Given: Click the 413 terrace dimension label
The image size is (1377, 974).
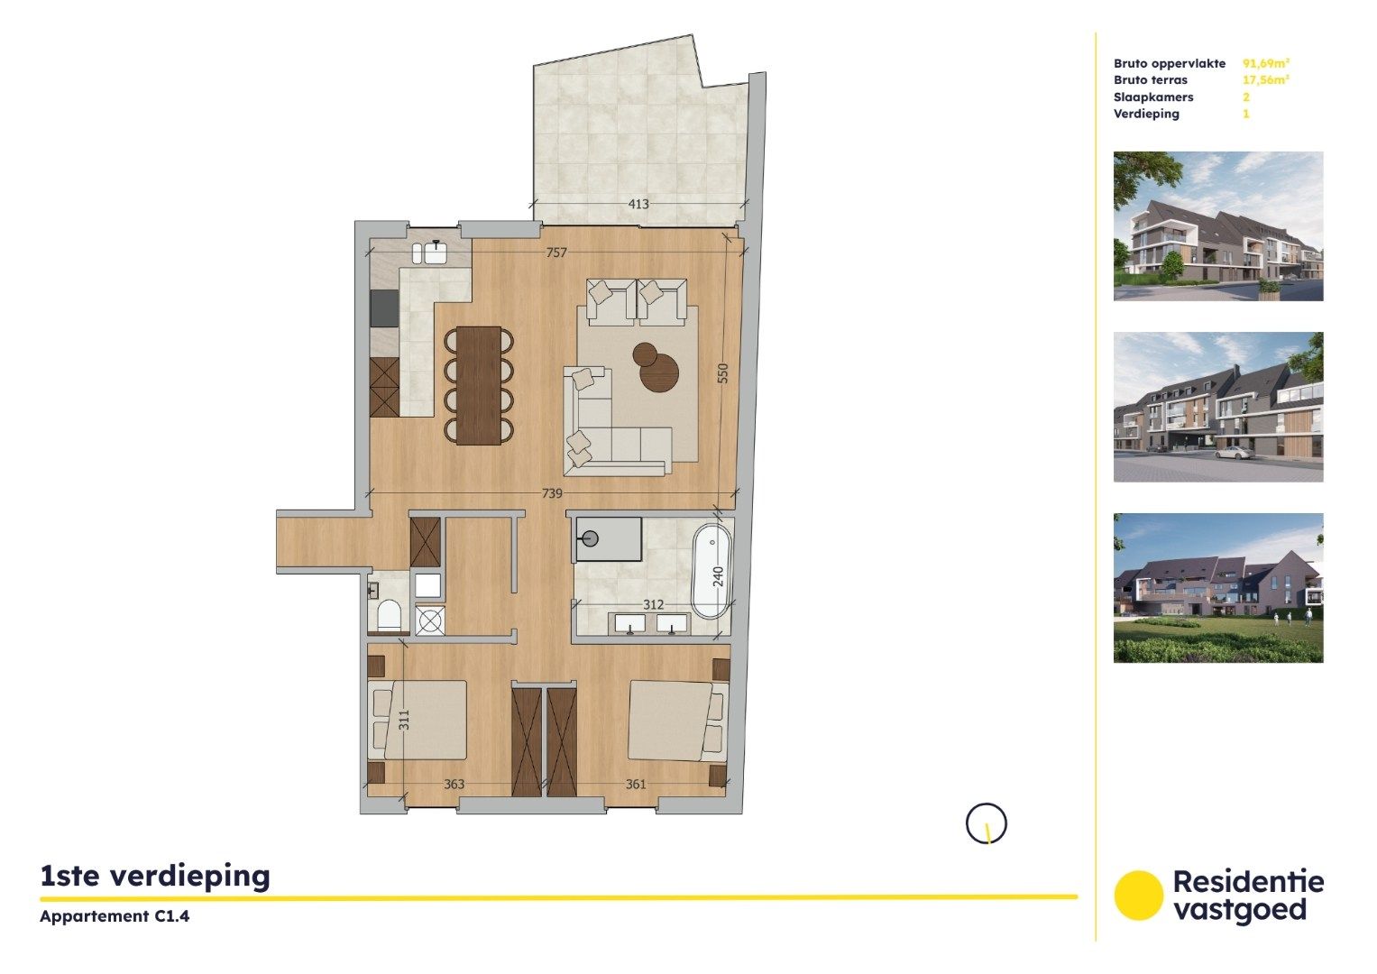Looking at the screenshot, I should pyautogui.click(x=638, y=205).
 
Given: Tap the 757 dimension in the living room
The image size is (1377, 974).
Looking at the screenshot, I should pyautogui.click(x=556, y=253).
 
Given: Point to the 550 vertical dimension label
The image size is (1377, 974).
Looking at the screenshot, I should pyautogui.click(x=722, y=373).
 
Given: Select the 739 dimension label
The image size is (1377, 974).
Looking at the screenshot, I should pyautogui.click(x=552, y=493).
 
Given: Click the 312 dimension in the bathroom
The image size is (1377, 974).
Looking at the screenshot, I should pyautogui.click(x=653, y=605).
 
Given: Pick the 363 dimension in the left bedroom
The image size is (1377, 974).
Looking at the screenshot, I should pyautogui.click(x=454, y=785).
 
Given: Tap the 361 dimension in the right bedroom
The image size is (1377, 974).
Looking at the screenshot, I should pyautogui.click(x=636, y=785).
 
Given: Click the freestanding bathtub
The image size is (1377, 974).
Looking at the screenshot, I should pyautogui.click(x=711, y=572).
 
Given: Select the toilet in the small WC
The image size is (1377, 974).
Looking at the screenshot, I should pyautogui.click(x=389, y=615).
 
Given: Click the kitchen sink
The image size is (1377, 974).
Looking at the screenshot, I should pyautogui.click(x=436, y=252).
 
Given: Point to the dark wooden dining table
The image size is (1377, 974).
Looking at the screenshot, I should pyautogui.click(x=478, y=385).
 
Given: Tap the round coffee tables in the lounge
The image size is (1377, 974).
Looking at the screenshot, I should pyautogui.click(x=656, y=366).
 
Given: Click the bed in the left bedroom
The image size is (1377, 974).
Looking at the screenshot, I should pyautogui.click(x=418, y=720).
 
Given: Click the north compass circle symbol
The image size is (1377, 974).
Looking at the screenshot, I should pyautogui.click(x=986, y=823).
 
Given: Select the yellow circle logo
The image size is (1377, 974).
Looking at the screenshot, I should pyautogui.click(x=1138, y=896).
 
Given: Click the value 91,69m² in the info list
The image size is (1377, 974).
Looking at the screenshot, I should pyautogui.click(x=1266, y=63).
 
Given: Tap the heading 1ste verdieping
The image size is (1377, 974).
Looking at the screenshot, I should pyautogui.click(x=155, y=876).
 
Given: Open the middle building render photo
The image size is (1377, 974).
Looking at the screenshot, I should pyautogui.click(x=1218, y=407).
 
